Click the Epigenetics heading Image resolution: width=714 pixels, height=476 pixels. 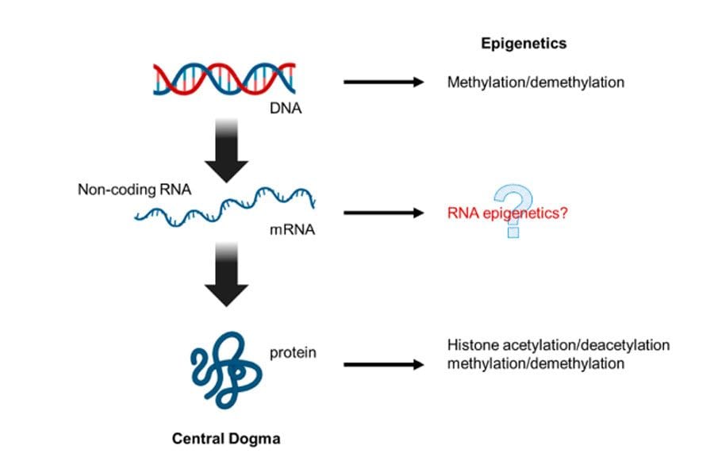(524, 44)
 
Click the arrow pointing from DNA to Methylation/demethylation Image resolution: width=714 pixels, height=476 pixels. (384, 82)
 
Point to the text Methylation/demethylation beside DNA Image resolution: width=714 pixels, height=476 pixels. (535, 82)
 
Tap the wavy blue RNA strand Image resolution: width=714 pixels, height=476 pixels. (226, 208)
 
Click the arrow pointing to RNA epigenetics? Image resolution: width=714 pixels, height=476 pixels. (384, 213)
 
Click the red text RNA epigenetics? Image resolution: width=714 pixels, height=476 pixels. (507, 213)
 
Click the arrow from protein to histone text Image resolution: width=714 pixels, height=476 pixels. (384, 365)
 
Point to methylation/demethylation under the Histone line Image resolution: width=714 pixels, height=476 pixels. (535, 363)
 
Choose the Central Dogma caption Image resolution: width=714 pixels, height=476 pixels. (226, 438)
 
